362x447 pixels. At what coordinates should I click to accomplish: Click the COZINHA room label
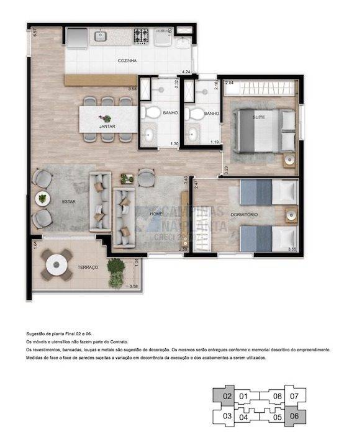coord(127,61)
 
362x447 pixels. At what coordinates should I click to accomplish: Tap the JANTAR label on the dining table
coord(107,126)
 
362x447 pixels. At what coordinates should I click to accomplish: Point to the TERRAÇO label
coord(88,267)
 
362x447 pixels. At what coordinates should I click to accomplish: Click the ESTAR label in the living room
coord(68,201)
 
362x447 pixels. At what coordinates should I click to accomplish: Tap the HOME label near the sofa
coord(157,214)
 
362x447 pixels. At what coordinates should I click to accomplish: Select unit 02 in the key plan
coord(227,395)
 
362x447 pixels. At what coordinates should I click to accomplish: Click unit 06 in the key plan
coord(294,417)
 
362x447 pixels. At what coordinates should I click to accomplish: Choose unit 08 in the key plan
coord(277,395)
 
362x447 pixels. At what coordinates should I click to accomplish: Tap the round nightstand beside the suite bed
coord(289,159)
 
